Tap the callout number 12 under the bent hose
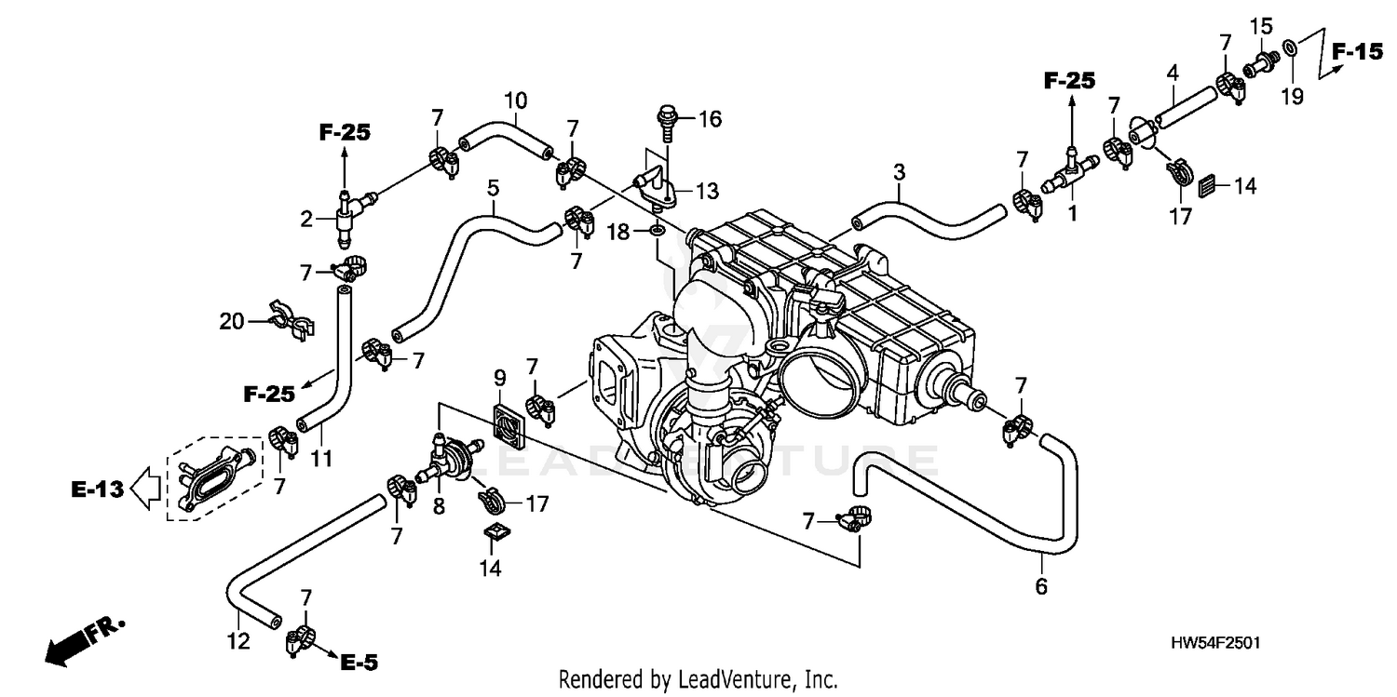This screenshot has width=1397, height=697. click(238, 641)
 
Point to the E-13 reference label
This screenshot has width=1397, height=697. click(97, 489)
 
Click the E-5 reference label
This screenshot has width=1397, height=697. click(359, 663)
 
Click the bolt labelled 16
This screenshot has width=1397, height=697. click(667, 120)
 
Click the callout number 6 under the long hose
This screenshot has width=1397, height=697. click(1041, 586)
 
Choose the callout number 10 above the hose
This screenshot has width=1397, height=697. click(516, 99)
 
